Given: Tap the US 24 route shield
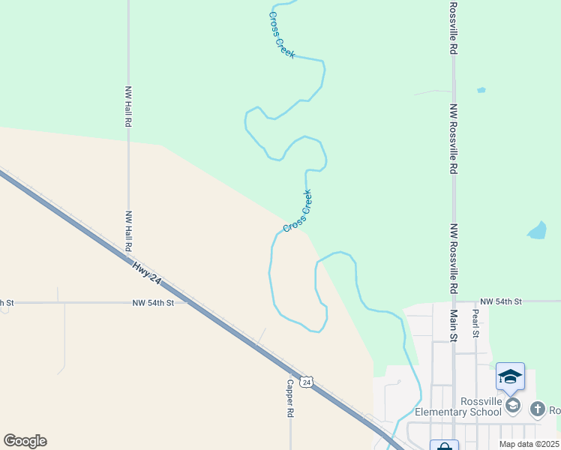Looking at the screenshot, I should [306, 382].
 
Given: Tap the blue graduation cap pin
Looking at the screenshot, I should [510, 377].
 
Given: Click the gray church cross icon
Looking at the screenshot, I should [537, 409].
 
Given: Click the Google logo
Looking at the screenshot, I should [25, 441].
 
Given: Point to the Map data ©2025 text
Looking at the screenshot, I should [529, 444].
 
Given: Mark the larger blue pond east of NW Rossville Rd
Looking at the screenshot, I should [538, 230].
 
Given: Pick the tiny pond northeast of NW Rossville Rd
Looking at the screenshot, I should [481, 90].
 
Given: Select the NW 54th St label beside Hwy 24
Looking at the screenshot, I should [153, 303].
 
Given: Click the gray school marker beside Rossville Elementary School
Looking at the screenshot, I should [513, 406].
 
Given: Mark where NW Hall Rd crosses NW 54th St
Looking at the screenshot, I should [128, 303].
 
